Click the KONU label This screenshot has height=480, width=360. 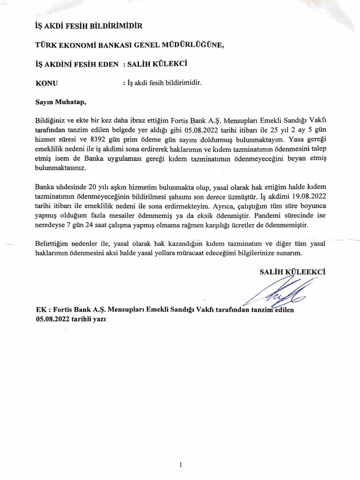[46, 83]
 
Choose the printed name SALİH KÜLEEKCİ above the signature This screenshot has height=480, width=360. [292, 271]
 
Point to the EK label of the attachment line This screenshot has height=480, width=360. [41, 310]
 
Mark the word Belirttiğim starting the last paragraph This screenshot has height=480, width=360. [53, 244]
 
